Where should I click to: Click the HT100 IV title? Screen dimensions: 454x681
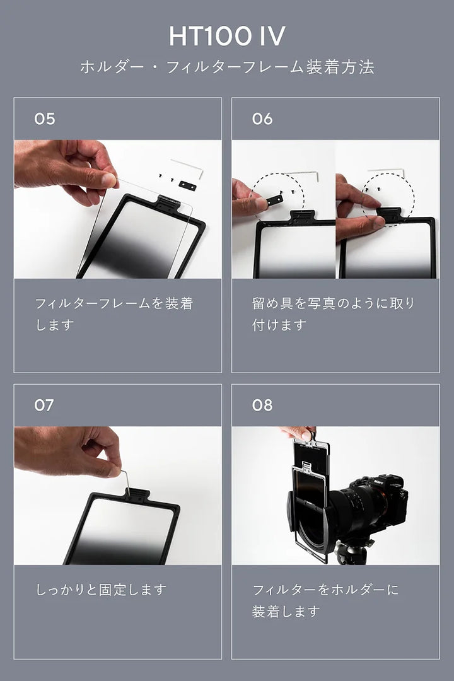[x=227, y=35]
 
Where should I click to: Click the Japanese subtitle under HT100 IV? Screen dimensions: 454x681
[x=227, y=67]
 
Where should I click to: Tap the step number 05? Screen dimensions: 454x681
[x=45, y=119]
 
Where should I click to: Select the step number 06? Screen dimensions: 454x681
[x=262, y=119]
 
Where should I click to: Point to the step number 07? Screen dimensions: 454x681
[x=44, y=405]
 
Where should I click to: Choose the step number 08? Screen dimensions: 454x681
[x=262, y=405]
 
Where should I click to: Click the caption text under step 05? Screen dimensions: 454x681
[x=114, y=313]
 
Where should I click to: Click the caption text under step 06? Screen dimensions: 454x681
[x=333, y=313]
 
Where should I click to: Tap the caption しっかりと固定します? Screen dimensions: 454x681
[x=101, y=590]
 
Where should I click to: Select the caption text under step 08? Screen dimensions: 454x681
[x=325, y=600]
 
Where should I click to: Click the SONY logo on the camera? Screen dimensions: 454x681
[x=379, y=481]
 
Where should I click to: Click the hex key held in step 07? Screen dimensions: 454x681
[x=125, y=482]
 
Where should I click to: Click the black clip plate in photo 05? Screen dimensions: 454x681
[x=187, y=186]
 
